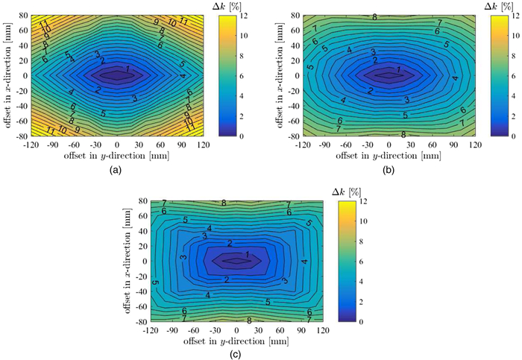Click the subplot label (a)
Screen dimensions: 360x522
tap(115, 170)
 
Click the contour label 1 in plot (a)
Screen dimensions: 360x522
tap(128, 69)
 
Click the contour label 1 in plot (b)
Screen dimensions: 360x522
tap(399, 70)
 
